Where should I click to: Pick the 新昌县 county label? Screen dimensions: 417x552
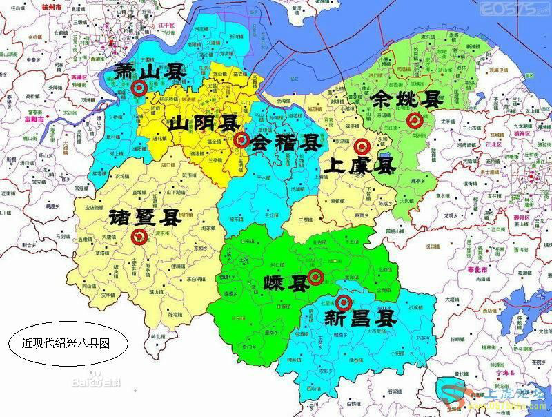pyautogui.click(x=360, y=318)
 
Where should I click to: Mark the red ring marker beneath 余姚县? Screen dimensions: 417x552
pyautogui.click(x=415, y=121)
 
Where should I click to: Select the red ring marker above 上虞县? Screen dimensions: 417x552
pyautogui.click(x=361, y=146)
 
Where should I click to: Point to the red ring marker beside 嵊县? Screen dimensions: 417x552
pyautogui.click(x=315, y=278)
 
